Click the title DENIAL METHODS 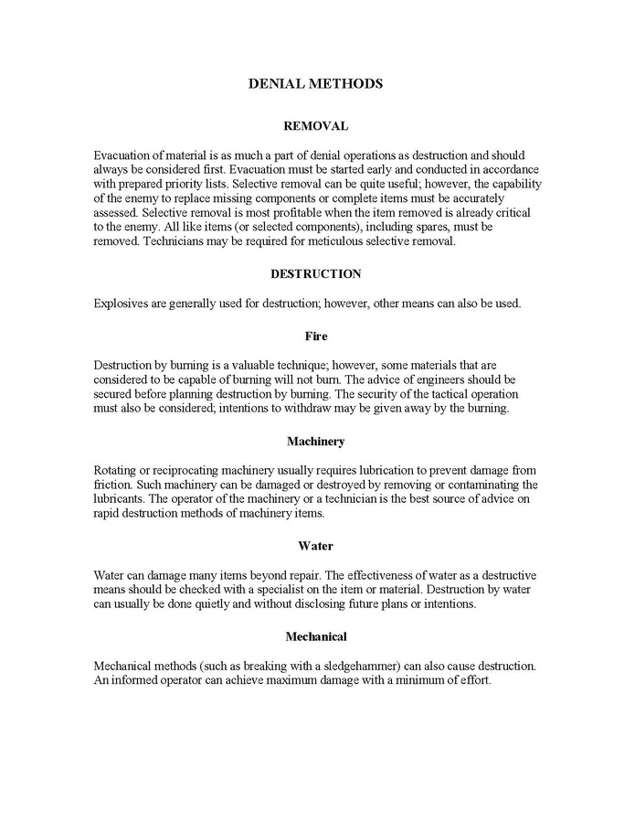[x=315, y=84]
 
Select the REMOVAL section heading [x=316, y=125]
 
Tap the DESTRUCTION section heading [x=316, y=273]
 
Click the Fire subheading [x=316, y=336]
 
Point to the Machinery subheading [x=316, y=442]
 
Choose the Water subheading [x=316, y=546]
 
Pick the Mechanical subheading [x=316, y=635]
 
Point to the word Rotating [x=117, y=470]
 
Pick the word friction [x=114, y=485]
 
